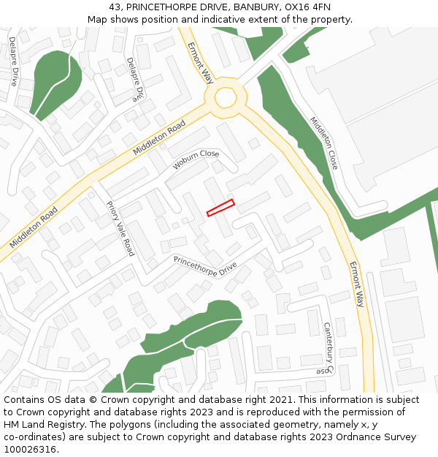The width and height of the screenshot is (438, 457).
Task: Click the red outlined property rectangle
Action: [x=220, y=208]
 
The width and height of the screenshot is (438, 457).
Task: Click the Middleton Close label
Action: [x=324, y=143]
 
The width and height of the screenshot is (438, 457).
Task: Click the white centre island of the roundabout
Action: [x=225, y=97]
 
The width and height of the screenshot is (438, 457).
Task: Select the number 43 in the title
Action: [x=116, y=7]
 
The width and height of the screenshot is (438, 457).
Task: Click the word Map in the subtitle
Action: [x=97, y=19]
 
